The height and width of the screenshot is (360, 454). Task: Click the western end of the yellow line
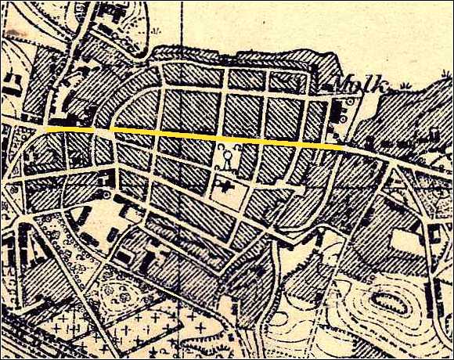point(47,126)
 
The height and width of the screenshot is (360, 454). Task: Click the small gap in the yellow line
point(109,130)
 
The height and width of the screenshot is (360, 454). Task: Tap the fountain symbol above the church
point(225,160)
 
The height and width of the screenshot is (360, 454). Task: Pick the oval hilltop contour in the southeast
point(389,301)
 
